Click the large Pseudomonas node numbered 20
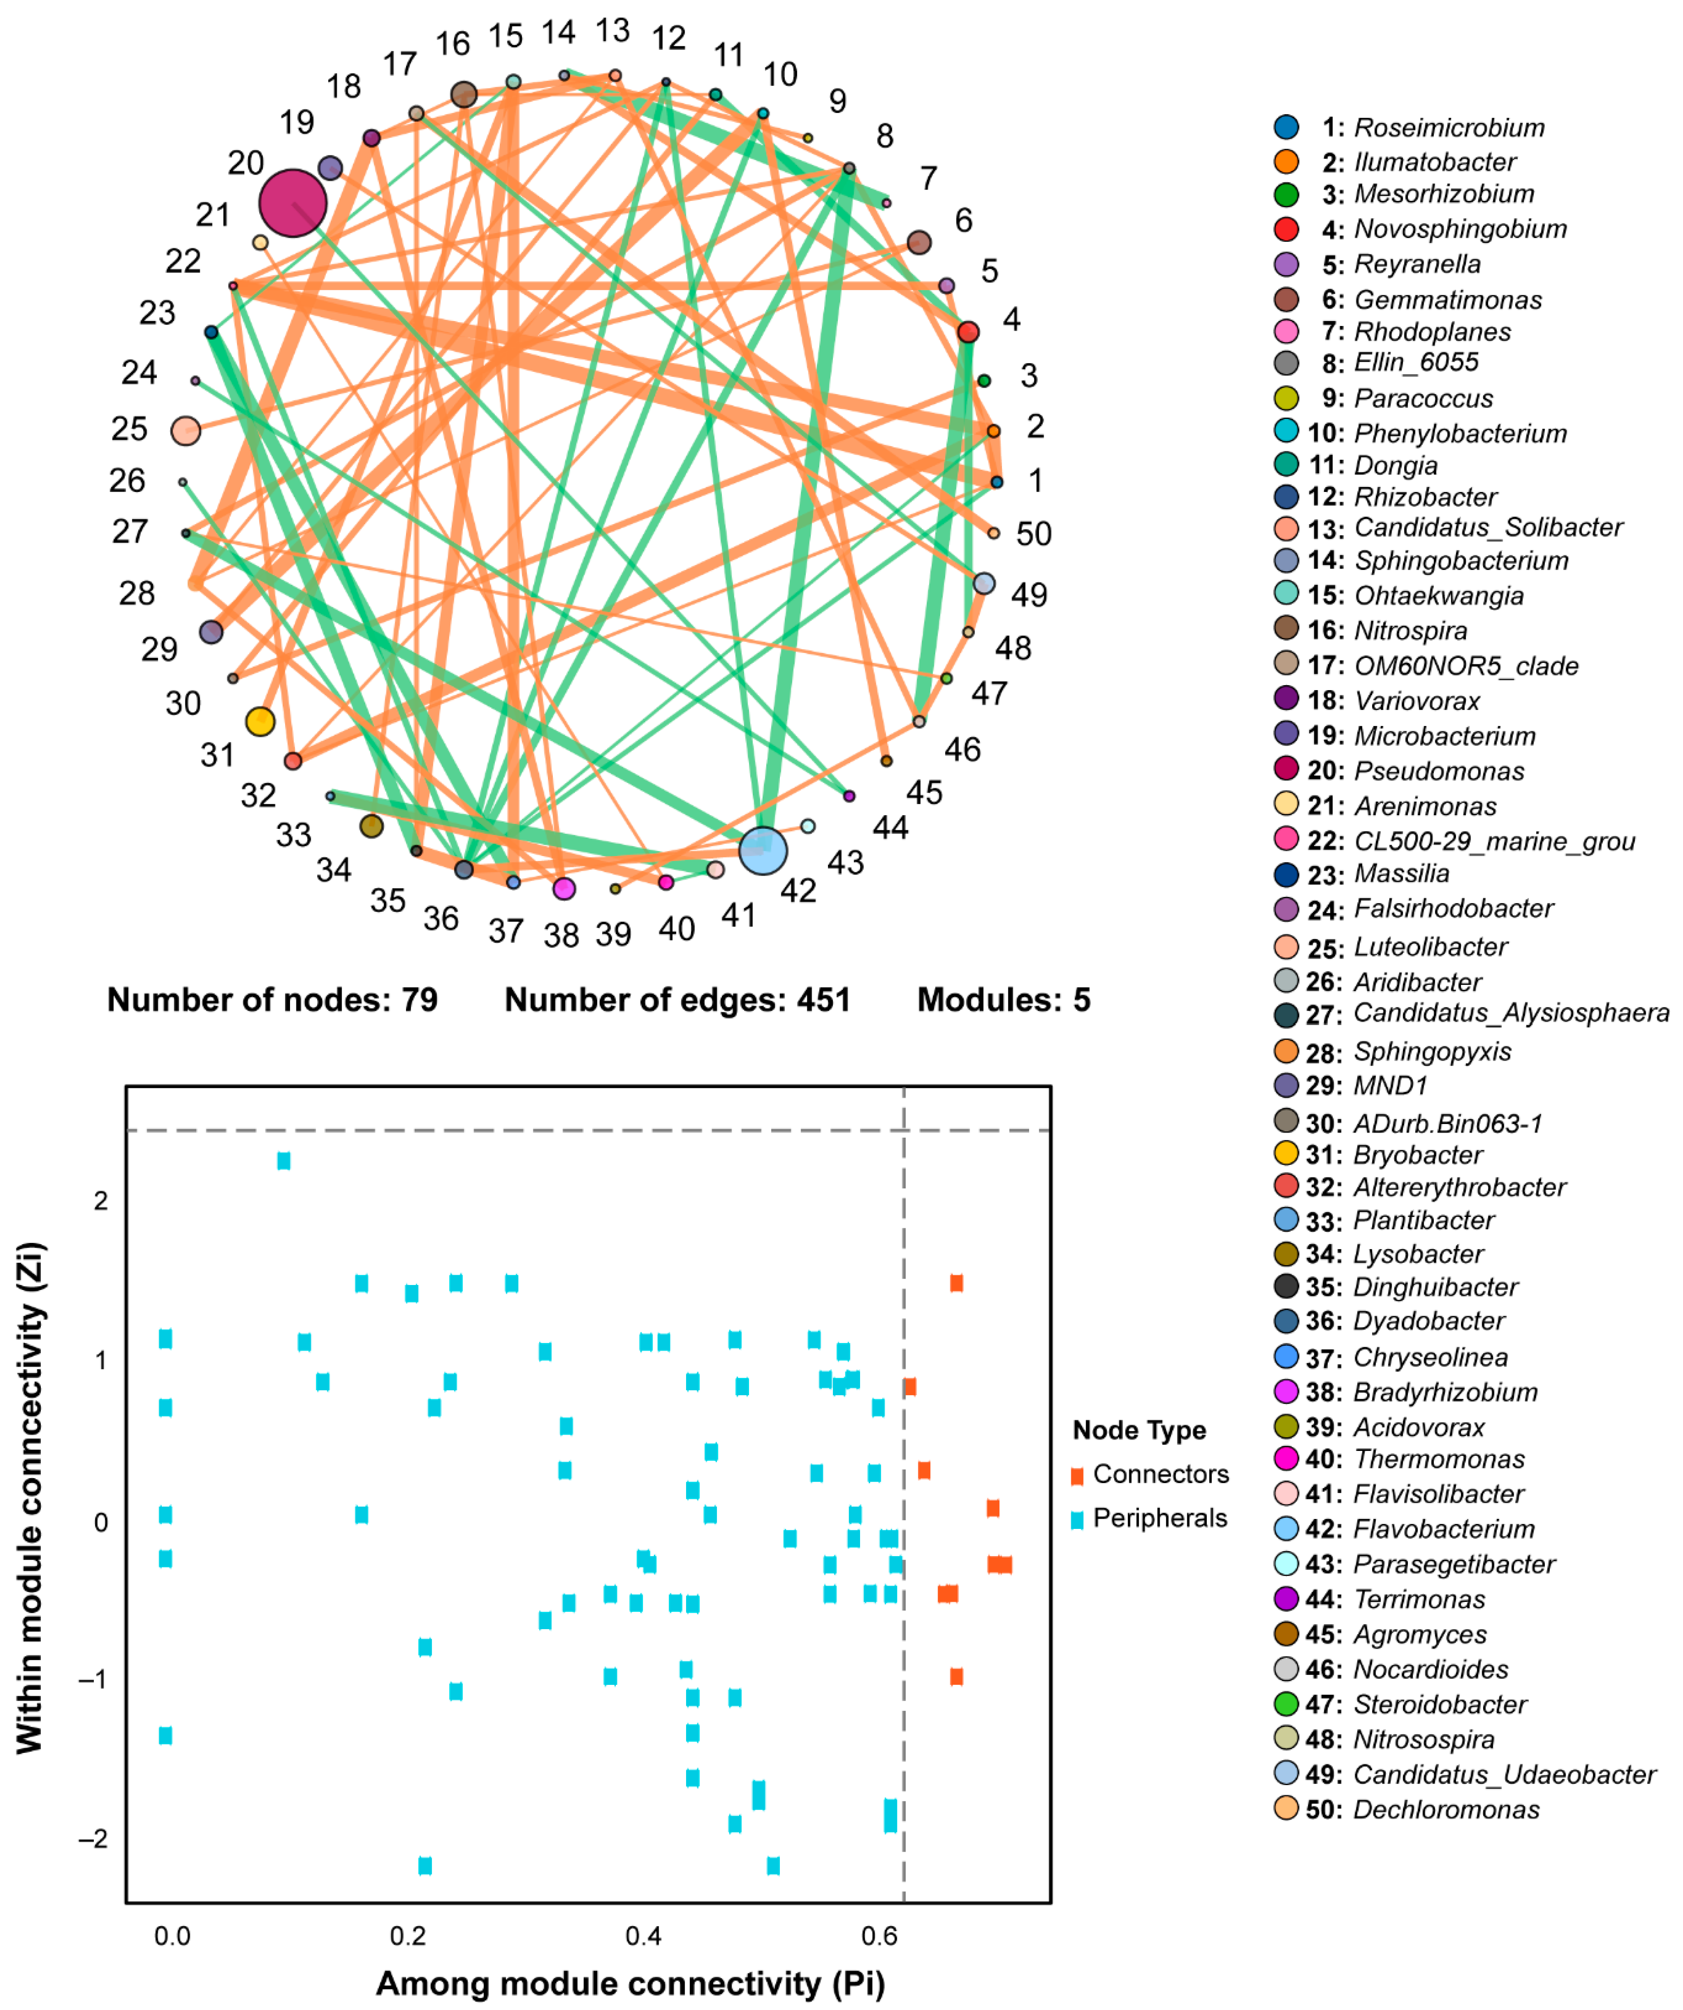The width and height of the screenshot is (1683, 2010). click(x=293, y=203)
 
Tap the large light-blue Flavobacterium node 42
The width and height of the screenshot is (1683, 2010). click(x=763, y=850)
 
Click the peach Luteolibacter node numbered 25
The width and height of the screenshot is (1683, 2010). click(x=186, y=431)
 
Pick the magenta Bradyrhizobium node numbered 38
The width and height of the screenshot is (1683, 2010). click(x=565, y=888)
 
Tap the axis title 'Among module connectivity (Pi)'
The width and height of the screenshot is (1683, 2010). click(x=629, y=1983)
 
